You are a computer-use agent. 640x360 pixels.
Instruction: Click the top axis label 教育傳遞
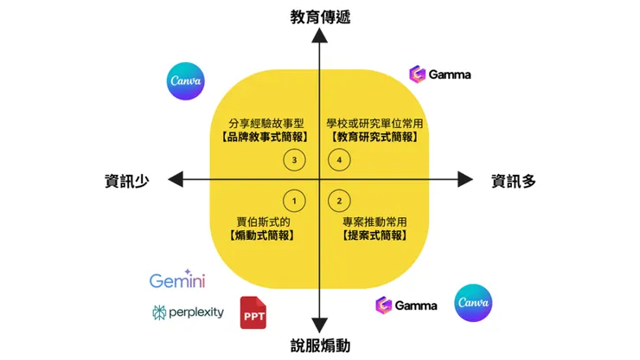click(x=320, y=16)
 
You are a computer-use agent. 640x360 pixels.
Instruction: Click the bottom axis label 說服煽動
click(x=320, y=346)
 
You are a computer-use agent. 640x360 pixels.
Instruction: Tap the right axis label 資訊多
click(x=515, y=180)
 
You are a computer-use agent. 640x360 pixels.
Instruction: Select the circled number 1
click(x=295, y=201)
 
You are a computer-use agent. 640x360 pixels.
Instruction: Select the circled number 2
click(x=340, y=201)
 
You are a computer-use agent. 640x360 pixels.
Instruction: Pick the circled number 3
click(x=295, y=160)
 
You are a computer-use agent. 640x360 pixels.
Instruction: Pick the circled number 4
click(x=340, y=160)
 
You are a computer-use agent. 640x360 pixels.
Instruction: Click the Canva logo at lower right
click(x=473, y=303)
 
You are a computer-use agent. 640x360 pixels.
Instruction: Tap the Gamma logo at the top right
click(x=440, y=74)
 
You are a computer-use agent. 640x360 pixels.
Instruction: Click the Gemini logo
click(x=177, y=280)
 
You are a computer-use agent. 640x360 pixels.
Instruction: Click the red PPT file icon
click(x=253, y=312)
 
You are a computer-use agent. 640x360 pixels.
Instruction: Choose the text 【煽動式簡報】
click(x=264, y=235)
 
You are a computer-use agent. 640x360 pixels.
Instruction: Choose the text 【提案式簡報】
click(x=374, y=235)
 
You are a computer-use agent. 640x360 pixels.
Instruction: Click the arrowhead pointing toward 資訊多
click(x=464, y=179)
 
